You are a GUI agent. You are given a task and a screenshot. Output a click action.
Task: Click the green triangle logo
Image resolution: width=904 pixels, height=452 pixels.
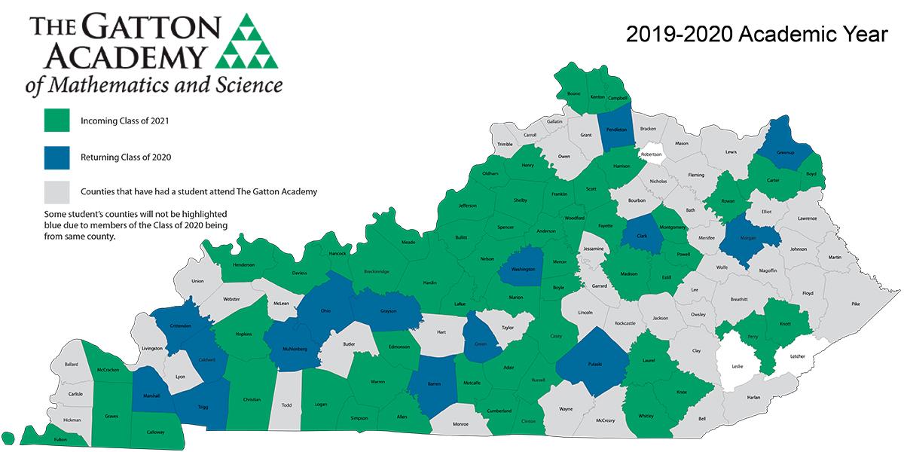pyautogui.click(x=247, y=43)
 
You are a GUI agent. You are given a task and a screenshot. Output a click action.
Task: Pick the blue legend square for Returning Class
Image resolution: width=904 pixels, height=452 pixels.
pyautogui.click(x=56, y=157)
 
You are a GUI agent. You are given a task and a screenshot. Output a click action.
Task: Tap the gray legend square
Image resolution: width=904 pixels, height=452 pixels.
pyautogui.click(x=56, y=192)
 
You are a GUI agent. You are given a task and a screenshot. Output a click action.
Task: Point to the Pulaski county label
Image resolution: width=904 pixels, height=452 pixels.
pyautogui.click(x=591, y=363)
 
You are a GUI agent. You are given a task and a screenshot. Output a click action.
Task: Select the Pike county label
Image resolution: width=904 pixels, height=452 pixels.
pyautogui.click(x=855, y=304)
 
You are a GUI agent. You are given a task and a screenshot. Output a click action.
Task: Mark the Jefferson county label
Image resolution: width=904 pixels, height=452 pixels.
pyautogui.click(x=467, y=205)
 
